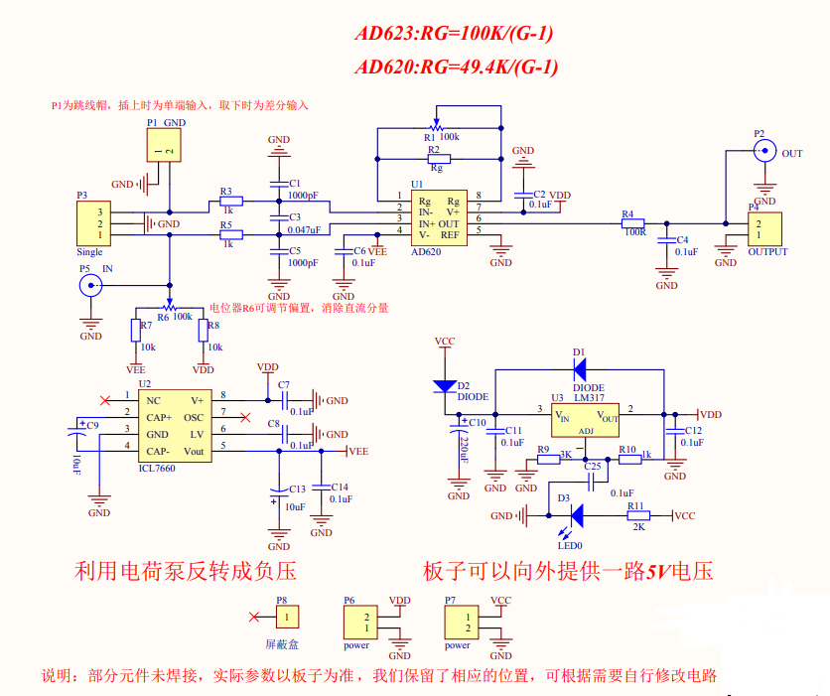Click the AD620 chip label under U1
(426, 252)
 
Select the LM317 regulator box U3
(586, 417)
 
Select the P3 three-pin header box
(92, 223)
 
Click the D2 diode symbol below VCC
(444, 384)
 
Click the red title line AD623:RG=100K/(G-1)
(454, 34)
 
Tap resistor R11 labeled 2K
(636, 515)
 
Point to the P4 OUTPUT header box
(764, 228)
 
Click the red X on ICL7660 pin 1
(106, 400)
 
